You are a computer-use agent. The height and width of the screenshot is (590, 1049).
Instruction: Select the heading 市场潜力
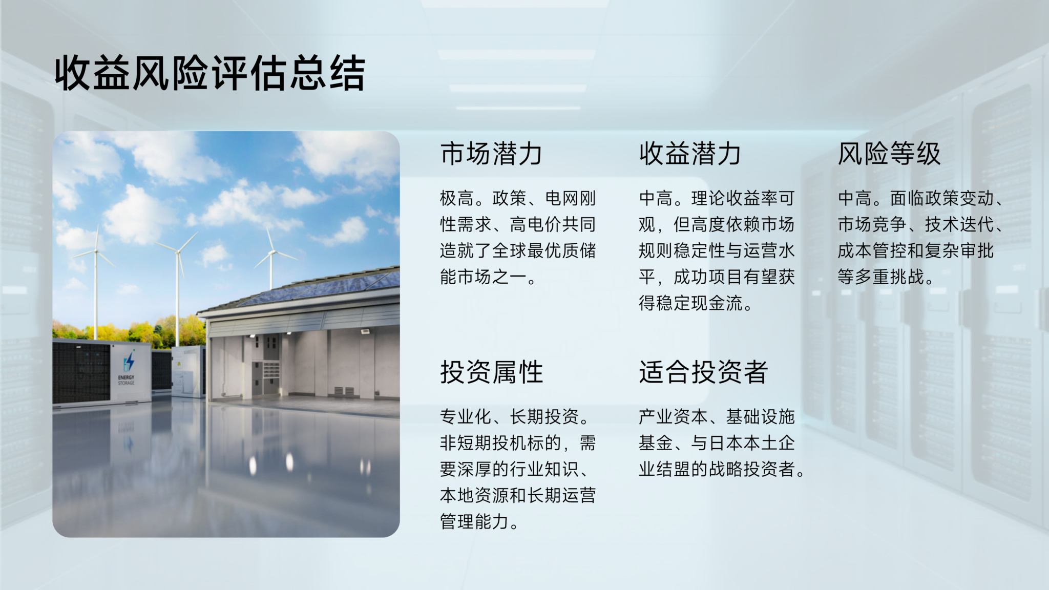(x=491, y=153)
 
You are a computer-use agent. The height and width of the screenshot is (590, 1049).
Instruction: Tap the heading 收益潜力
(x=690, y=153)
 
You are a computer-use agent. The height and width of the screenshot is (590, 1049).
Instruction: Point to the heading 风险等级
(x=889, y=153)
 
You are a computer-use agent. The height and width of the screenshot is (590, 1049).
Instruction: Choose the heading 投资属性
(x=491, y=372)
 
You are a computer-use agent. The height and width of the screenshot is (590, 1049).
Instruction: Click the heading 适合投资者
(x=703, y=372)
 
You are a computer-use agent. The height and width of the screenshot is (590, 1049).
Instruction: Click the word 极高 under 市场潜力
(x=457, y=198)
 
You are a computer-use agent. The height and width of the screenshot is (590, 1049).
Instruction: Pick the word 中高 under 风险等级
(x=855, y=198)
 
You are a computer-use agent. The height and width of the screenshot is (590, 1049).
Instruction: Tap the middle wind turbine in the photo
(x=178, y=287)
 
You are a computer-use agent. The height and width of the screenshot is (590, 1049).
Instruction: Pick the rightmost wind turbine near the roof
(x=271, y=261)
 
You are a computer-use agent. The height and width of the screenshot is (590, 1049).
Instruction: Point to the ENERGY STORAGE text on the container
(x=126, y=380)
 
